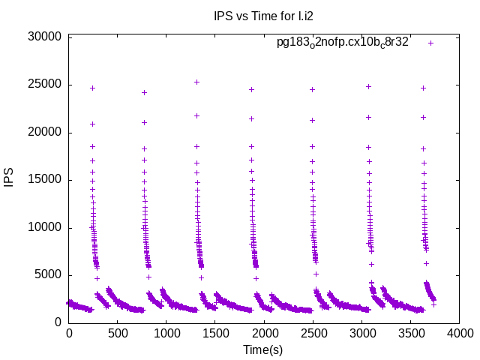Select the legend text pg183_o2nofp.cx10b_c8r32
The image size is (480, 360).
click(343, 43)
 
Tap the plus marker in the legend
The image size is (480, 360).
click(430, 43)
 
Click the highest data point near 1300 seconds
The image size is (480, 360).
click(196, 82)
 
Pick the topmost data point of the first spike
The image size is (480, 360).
click(92, 88)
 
